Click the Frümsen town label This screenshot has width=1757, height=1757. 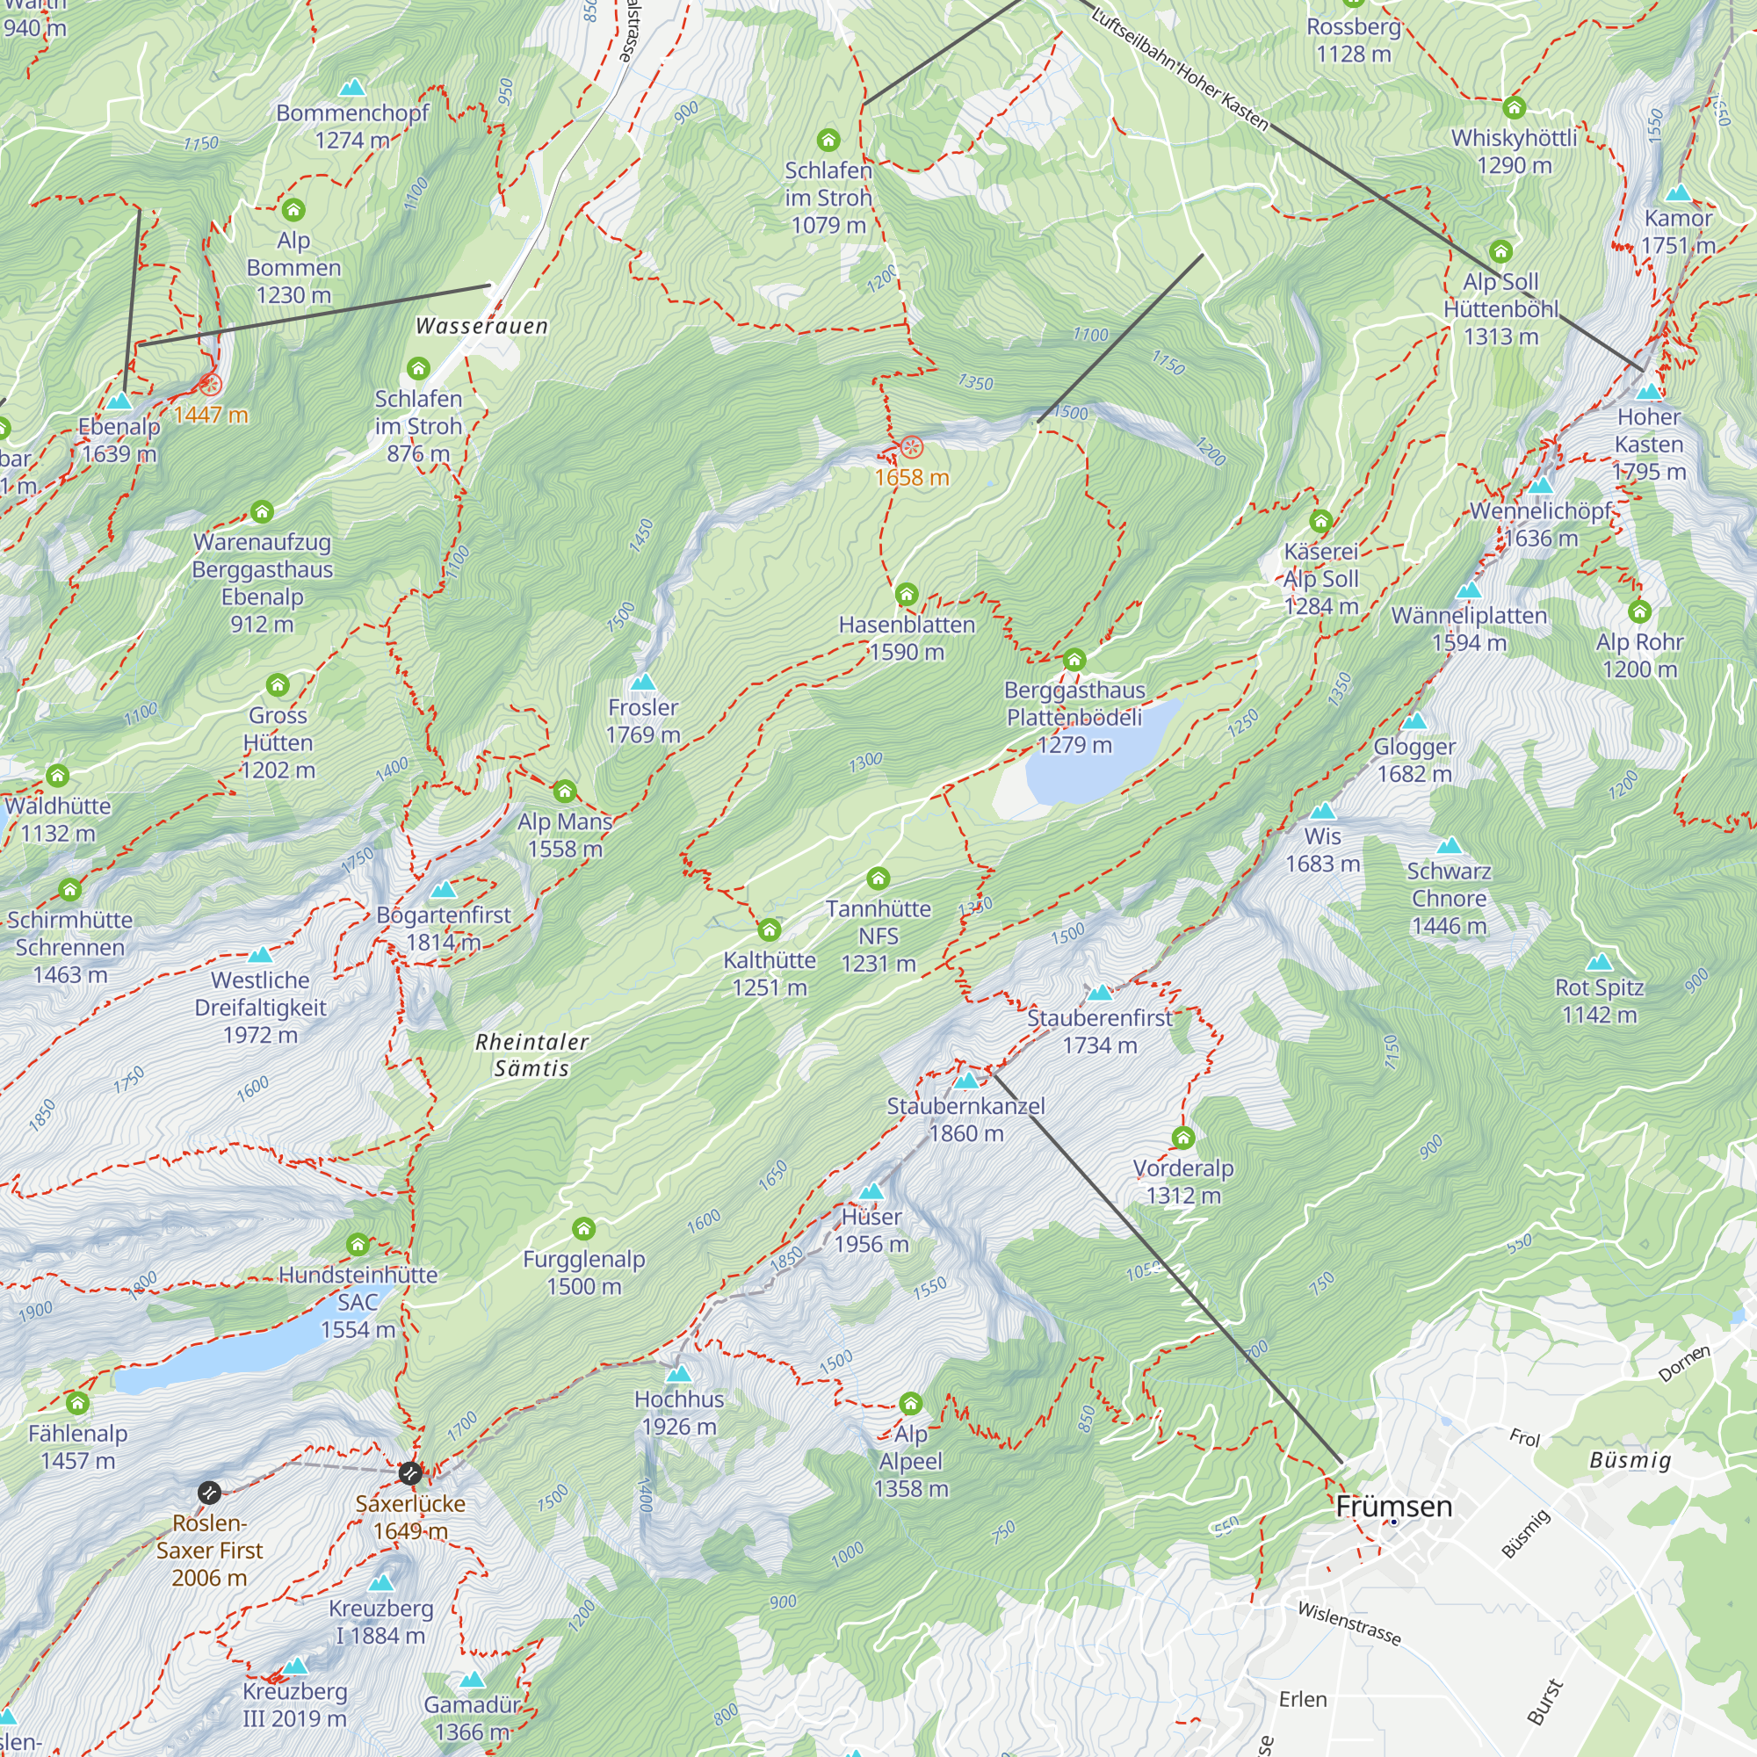pyautogui.click(x=1393, y=1507)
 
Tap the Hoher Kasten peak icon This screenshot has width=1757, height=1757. pyautogui.click(x=1649, y=393)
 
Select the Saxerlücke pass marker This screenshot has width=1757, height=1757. pyautogui.click(x=410, y=1472)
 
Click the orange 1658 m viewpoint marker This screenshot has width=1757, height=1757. pyautogui.click(x=911, y=447)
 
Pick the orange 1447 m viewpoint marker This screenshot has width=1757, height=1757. pyautogui.click(x=210, y=385)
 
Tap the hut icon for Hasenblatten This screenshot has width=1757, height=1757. pyautogui.click(x=906, y=595)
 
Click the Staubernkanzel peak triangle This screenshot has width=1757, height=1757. pyautogui.click(x=965, y=1081)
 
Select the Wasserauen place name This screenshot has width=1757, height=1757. pyautogui.click(x=481, y=327)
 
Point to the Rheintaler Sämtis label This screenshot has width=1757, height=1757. pyautogui.click(x=532, y=1055)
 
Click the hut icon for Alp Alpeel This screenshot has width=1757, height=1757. pyautogui.click(x=910, y=1403)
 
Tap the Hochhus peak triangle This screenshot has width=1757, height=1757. pyautogui.click(x=678, y=1374)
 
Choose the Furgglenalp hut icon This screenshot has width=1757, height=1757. pyautogui.click(x=584, y=1230)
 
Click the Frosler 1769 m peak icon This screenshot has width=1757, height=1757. pyautogui.click(x=643, y=682)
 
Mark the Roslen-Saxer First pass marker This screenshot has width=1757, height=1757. pyautogui.click(x=209, y=1493)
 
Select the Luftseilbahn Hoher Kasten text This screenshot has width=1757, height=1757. pyautogui.click(x=1179, y=69)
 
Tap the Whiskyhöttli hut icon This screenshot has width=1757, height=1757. pyautogui.click(x=1515, y=107)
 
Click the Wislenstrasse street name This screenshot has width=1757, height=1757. pyautogui.click(x=1348, y=1623)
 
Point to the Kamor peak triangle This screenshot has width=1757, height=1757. pyautogui.click(x=1678, y=193)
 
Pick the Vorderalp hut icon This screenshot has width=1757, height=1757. pyautogui.click(x=1182, y=1138)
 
